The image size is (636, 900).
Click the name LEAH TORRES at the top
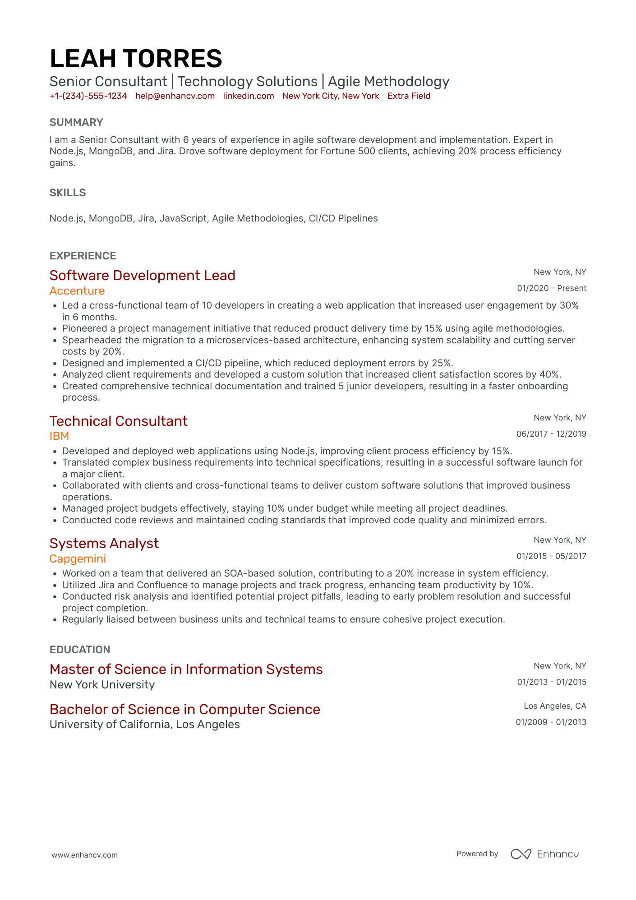(136, 59)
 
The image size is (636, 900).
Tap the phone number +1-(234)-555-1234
(88, 96)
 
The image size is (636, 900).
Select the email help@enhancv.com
(175, 96)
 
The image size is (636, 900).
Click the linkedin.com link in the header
(249, 96)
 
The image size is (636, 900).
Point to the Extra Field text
(409, 96)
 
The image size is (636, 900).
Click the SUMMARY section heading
(76, 122)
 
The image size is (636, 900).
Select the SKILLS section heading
(68, 193)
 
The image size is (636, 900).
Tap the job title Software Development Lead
(143, 275)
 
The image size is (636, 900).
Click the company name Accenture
(77, 291)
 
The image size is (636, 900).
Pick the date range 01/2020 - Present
(552, 288)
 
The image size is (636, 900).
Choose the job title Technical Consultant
(119, 421)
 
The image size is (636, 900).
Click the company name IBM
(60, 436)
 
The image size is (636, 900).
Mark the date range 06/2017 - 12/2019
(551, 434)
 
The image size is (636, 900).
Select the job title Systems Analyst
(104, 543)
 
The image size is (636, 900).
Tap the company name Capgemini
(78, 558)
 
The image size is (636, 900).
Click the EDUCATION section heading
(80, 650)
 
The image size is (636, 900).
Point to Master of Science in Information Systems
(186, 669)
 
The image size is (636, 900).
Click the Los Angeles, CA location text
(555, 706)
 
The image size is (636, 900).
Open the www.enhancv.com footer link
(85, 855)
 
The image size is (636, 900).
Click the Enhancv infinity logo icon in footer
(521, 854)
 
